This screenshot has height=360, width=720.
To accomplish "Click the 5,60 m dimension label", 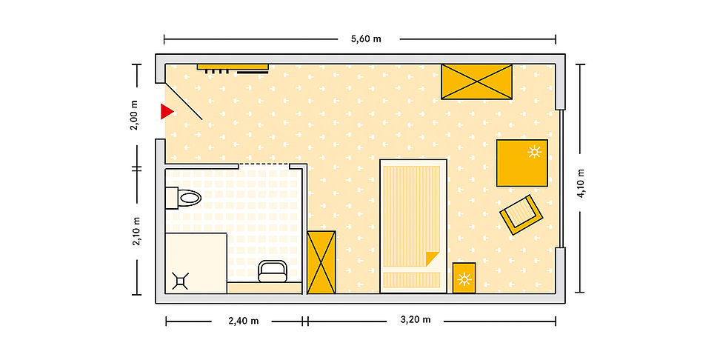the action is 366,39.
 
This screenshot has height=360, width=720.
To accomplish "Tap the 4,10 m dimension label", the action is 581,183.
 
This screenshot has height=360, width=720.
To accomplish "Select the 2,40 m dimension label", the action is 244,321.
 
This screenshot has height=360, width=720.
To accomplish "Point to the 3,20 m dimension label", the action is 416,320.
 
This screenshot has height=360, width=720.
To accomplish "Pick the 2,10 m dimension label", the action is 137,231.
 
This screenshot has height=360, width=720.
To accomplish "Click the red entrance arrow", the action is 167,112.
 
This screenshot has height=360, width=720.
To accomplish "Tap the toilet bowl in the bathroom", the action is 190,198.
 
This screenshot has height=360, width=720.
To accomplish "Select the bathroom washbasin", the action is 273,271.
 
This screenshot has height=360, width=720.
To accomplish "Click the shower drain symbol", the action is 181,281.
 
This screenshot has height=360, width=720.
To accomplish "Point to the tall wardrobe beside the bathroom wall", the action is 321,262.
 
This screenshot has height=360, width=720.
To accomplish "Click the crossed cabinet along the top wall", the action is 476,81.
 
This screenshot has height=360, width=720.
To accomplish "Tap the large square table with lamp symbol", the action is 522,163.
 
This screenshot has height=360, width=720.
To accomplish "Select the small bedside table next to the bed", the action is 464,278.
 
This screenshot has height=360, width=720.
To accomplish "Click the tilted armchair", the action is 521,214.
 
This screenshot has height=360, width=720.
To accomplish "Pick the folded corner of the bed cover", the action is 432,258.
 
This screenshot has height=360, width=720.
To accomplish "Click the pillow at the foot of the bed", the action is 411,280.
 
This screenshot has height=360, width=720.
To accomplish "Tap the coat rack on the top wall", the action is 233,68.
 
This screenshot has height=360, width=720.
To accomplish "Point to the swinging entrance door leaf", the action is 184,101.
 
